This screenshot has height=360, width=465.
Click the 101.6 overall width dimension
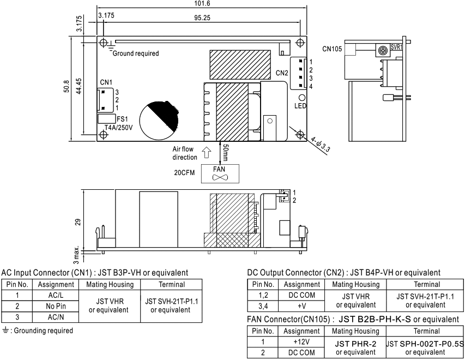(202, 3)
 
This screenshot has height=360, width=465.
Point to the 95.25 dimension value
(202, 18)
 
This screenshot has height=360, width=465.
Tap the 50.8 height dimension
(67, 86)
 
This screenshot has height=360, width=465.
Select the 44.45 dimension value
(79, 86)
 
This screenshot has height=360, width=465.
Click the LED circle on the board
(301, 97)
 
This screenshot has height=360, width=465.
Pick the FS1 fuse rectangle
(106, 119)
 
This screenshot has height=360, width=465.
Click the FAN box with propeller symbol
(220, 173)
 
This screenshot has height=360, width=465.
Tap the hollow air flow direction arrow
(207, 153)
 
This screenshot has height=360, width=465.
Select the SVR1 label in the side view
(396, 47)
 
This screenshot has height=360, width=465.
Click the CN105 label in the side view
(332, 49)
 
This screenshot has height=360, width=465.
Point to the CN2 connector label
(282, 73)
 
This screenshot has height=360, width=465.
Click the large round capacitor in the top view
(159, 119)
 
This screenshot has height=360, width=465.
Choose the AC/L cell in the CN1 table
(56, 296)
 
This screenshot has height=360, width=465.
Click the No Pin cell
(56, 307)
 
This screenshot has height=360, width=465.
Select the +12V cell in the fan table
(301, 342)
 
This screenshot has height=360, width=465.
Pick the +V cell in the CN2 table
(301, 306)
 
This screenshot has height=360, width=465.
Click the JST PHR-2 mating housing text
(355, 344)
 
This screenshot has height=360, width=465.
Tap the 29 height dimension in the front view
(78, 222)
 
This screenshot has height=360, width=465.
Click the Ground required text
(136, 53)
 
